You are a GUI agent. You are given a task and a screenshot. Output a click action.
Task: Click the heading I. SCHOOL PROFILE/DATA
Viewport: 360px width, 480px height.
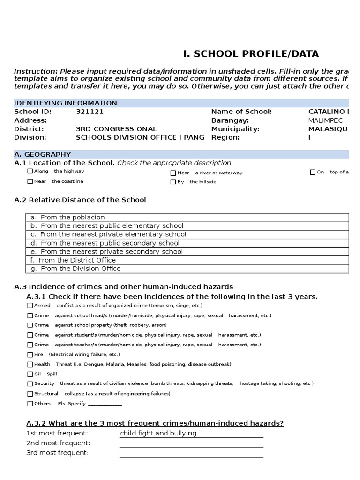pyautogui.click(x=251, y=54)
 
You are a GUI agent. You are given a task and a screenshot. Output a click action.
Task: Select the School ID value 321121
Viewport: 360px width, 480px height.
pyautogui.click(x=90, y=112)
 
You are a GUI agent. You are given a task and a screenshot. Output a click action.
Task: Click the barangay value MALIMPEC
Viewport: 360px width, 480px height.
pyautogui.click(x=325, y=120)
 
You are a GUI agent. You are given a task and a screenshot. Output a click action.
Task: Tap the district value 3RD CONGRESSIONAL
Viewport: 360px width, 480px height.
pyautogui.click(x=116, y=129)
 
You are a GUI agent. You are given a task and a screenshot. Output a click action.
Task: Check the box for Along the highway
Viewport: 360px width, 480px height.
pyautogui.click(x=30, y=172)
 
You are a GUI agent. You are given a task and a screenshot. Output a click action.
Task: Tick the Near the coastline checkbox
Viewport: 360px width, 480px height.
pyautogui.click(x=30, y=181)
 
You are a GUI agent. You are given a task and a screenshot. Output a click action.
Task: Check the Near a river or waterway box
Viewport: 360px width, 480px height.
pyautogui.click(x=173, y=173)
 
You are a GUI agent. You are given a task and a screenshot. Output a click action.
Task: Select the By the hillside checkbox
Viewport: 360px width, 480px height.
pyautogui.click(x=173, y=182)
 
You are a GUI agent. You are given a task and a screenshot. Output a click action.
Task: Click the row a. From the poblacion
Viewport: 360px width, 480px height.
pyautogui.click(x=187, y=217)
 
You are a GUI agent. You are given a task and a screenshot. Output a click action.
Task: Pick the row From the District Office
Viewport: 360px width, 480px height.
pyautogui.click(x=187, y=260)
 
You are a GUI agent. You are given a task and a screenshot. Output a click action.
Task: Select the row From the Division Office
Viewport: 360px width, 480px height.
pyautogui.click(x=187, y=269)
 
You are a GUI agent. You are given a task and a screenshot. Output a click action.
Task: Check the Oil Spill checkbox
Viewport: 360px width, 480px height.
pyautogui.click(x=30, y=375)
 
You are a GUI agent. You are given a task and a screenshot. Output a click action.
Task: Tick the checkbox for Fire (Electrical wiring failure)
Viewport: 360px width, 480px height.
pyautogui.click(x=30, y=355)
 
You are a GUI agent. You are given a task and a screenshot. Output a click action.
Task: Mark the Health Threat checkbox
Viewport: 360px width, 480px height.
pyautogui.click(x=30, y=365)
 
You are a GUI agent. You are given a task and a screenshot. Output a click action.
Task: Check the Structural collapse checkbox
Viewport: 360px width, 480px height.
pyautogui.click(x=30, y=394)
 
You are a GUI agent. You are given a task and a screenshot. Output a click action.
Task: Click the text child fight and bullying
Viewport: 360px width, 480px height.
pyautogui.click(x=158, y=433)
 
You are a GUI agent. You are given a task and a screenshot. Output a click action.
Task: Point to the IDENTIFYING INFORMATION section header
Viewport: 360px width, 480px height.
pyautogui.click(x=66, y=103)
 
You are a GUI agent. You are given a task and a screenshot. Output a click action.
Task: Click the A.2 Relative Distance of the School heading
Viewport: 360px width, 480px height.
pyautogui.click(x=80, y=200)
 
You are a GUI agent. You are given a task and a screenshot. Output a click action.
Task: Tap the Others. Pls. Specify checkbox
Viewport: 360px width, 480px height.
pyautogui.click(x=30, y=404)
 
